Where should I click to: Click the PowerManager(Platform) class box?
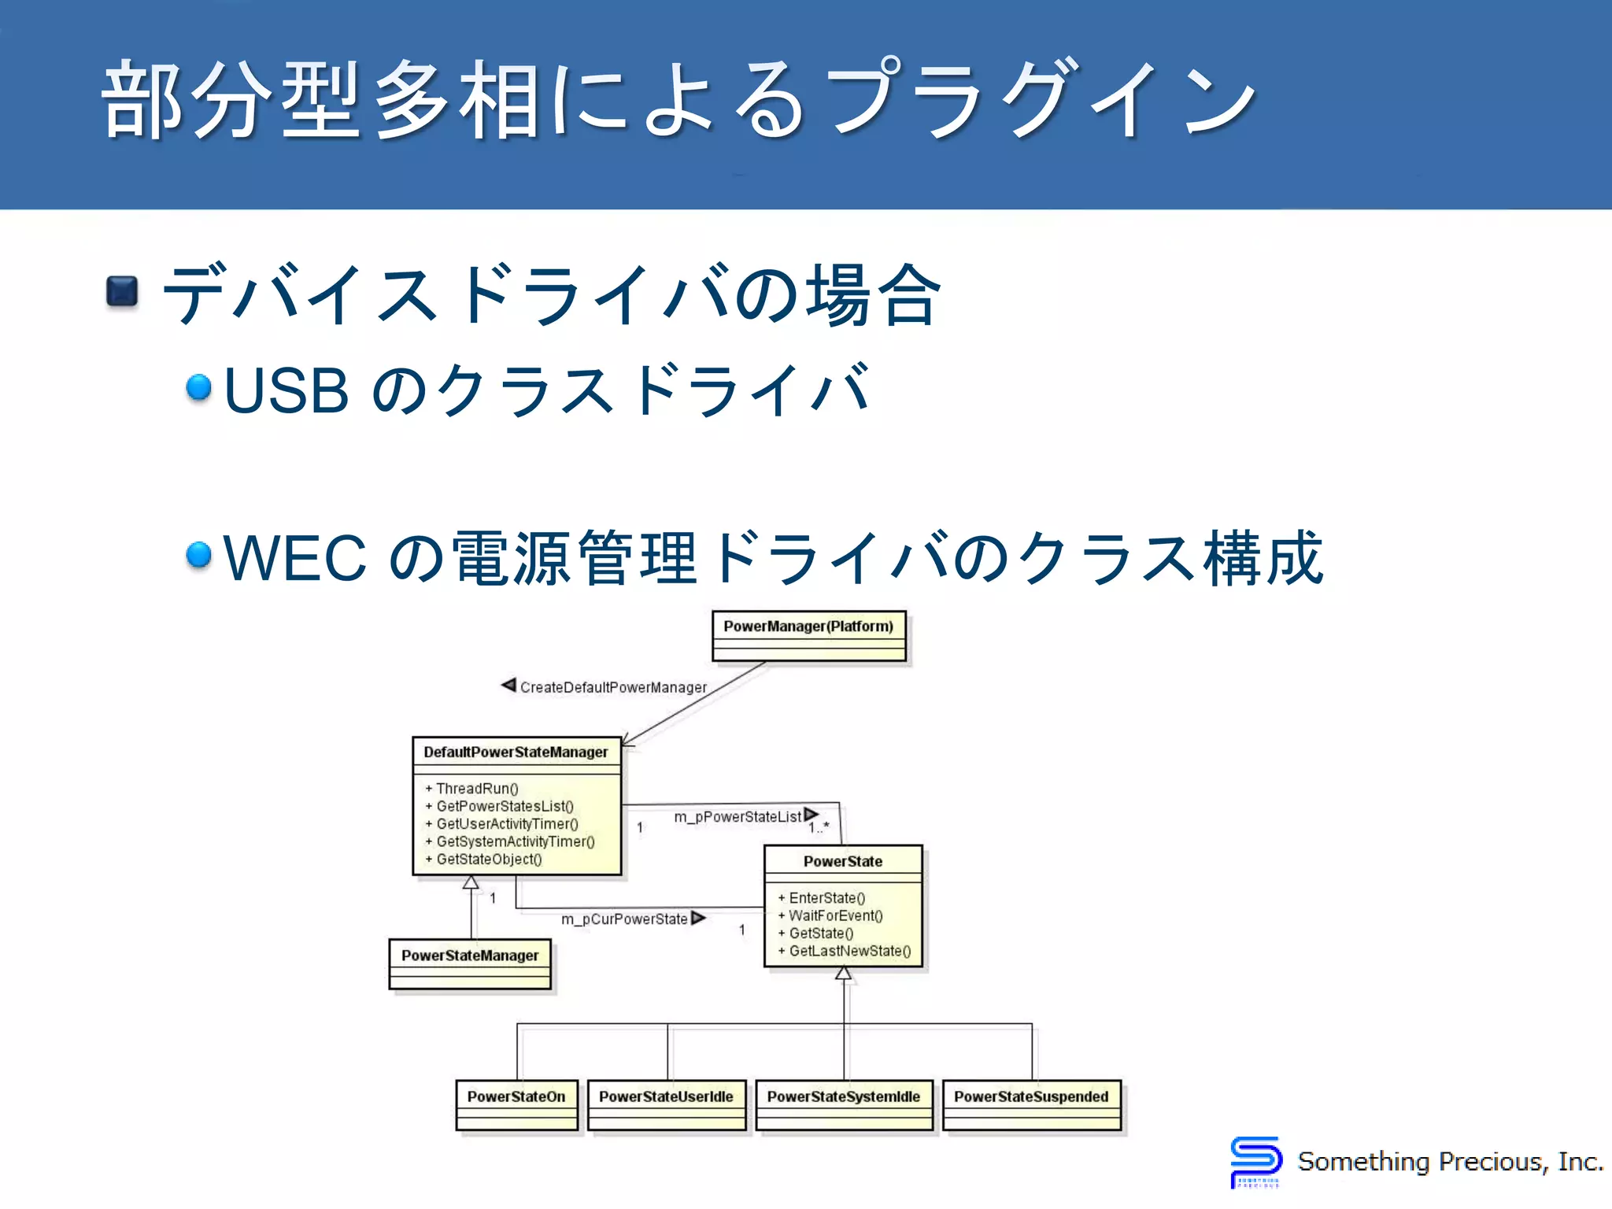click(808, 635)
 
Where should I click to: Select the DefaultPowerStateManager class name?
click(516, 752)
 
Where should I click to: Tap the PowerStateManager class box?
click(470, 963)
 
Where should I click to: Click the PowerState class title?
click(842, 862)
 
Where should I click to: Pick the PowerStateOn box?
click(516, 1104)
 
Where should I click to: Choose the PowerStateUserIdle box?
click(666, 1104)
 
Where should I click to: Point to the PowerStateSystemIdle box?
click(844, 1104)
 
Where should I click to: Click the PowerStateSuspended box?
click(1031, 1104)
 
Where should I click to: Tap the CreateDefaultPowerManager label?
click(613, 688)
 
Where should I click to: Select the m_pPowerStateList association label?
click(738, 817)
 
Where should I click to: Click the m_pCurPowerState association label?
click(624, 919)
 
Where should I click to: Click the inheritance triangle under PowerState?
click(843, 974)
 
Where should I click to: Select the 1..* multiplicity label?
click(819, 828)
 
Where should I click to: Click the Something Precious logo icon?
click(1255, 1161)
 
